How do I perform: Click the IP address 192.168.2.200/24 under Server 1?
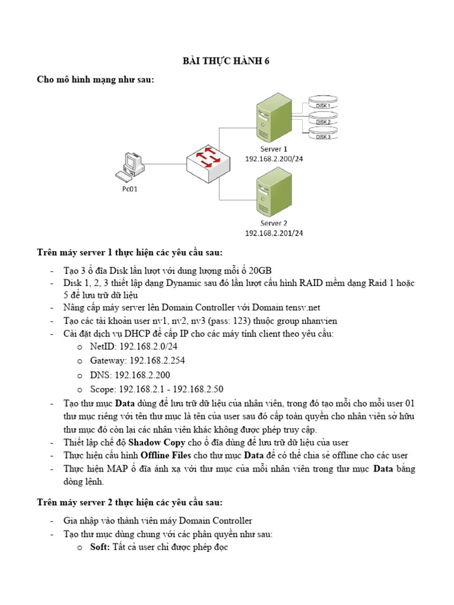tap(274, 159)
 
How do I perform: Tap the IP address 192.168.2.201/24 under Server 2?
tap(274, 233)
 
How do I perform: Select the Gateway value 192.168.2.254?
tap(163, 360)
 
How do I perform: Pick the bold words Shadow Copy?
tap(153, 442)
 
